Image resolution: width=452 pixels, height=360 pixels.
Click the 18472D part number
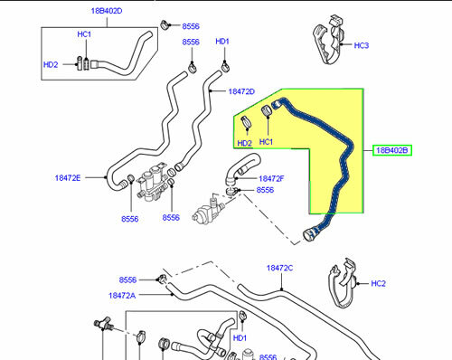pos(241,91)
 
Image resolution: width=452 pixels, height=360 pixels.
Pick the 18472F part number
pos(272,179)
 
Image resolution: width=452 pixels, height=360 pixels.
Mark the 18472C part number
pos(280,268)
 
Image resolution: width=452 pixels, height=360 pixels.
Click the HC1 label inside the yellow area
pos(266,142)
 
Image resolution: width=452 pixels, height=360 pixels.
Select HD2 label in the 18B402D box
pos(52,64)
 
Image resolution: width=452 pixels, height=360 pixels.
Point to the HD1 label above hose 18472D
pos(222,42)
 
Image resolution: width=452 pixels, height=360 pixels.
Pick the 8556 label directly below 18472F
pos(266,191)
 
